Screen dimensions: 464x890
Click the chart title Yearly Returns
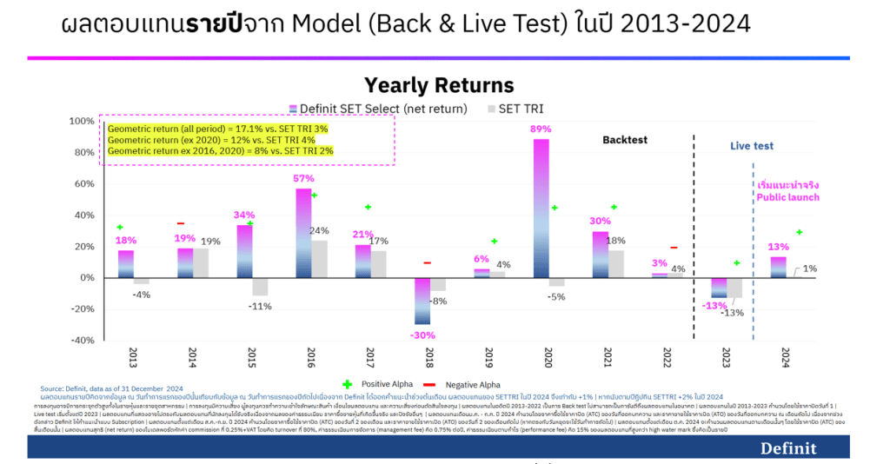(439, 85)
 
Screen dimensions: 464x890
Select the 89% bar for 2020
(541, 209)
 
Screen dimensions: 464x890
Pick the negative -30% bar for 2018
(422, 301)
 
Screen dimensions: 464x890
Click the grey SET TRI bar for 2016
(319, 259)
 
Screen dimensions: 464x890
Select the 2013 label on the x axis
(133, 358)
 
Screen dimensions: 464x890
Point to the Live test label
(751, 146)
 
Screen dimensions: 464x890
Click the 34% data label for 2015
(243, 215)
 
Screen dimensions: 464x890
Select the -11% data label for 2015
(259, 307)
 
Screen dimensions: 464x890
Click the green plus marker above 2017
(368, 207)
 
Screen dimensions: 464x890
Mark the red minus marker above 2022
(673, 248)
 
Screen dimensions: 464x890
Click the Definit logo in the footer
(788, 448)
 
